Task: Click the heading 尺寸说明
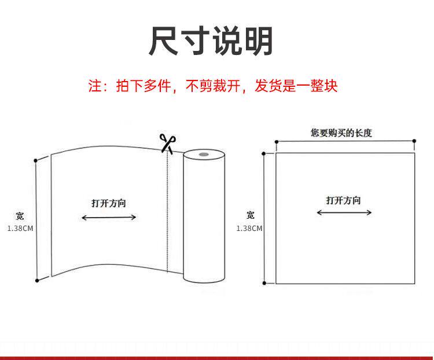211,41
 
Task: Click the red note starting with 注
212,87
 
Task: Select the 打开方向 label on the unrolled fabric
108,203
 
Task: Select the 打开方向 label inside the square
343,200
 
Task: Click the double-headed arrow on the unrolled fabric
108,218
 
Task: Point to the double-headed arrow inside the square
344,213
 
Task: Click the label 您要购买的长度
341,133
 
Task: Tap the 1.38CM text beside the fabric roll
20,229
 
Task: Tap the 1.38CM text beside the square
249,229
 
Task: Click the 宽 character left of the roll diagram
20,216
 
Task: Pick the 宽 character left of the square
250,215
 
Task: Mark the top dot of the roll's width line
36,160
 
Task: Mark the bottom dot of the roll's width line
37,281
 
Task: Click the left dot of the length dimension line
277,141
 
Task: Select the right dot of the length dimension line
415,141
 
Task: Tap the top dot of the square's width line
264,153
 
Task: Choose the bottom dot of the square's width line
264,284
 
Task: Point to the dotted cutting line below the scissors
167,214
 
